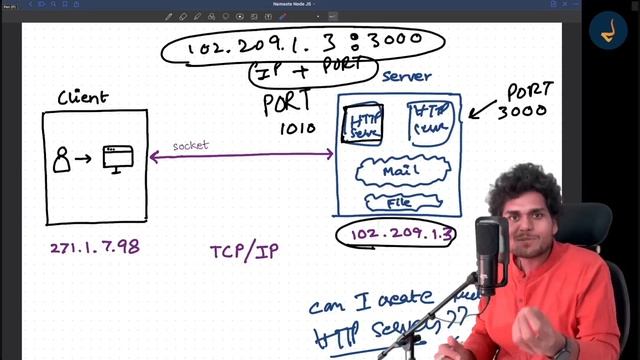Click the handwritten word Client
pyautogui.click(x=83, y=97)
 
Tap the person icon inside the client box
pyautogui.click(x=62, y=158)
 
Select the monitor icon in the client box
pyautogui.click(x=118, y=158)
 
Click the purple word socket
pyautogui.click(x=190, y=146)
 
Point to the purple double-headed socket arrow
pyautogui.click(x=241, y=155)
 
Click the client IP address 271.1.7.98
pyautogui.click(x=94, y=247)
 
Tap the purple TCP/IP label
pyautogui.click(x=243, y=250)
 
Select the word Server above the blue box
pyautogui.click(x=407, y=77)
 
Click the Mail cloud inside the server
pyautogui.click(x=397, y=171)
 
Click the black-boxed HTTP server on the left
pyautogui.click(x=363, y=122)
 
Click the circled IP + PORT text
pyautogui.click(x=312, y=71)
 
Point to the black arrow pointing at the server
pyautogui.click(x=487, y=107)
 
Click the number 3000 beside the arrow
pyautogui.click(x=527, y=110)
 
